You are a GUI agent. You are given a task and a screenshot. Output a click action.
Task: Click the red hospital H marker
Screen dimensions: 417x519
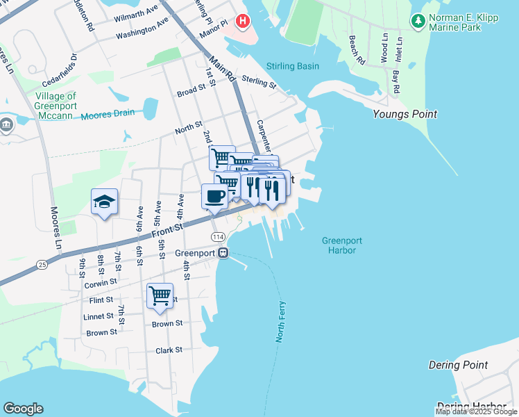click(242, 22)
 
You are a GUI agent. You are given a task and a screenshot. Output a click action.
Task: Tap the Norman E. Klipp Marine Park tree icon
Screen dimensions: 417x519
click(418, 22)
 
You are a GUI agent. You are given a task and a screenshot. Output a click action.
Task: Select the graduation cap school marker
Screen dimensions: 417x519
click(104, 202)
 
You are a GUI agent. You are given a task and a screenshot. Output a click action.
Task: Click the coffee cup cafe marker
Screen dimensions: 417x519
click(214, 195)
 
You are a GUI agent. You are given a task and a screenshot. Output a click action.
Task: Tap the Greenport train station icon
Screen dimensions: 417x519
click(223, 253)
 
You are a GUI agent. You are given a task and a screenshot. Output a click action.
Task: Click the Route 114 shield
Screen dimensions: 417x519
click(218, 237)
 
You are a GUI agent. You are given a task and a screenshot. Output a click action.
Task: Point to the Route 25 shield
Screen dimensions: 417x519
click(42, 265)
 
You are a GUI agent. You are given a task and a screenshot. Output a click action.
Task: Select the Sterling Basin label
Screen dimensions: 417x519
click(293, 66)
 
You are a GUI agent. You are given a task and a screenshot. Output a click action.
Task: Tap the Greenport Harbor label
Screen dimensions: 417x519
click(342, 245)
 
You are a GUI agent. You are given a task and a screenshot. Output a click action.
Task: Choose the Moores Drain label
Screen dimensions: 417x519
click(108, 115)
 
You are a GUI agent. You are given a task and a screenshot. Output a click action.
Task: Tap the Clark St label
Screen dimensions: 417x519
click(169, 350)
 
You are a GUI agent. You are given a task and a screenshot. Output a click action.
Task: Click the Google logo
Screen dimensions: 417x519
click(23, 409)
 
